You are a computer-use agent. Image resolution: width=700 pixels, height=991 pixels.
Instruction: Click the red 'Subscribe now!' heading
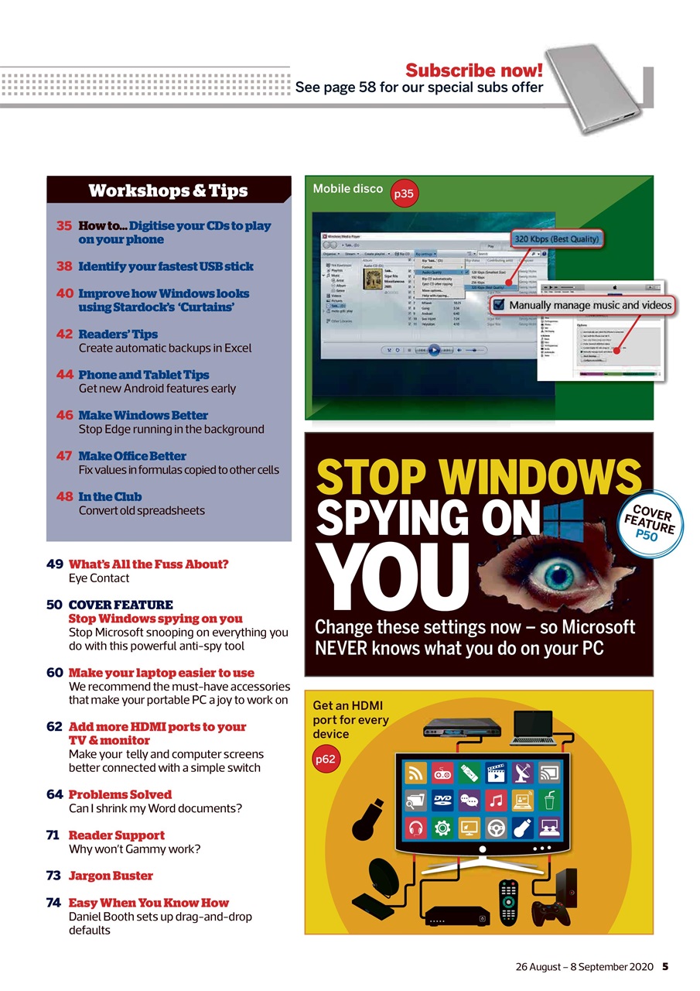pos(474,70)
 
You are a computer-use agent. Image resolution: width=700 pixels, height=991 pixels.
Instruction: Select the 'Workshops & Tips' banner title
pos(168,190)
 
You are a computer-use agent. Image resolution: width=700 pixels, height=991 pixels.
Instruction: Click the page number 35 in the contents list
pos(64,226)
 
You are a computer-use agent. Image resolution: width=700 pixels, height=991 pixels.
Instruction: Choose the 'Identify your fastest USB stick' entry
pos(166,266)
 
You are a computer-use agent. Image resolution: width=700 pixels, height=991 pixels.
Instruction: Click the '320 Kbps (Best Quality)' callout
pos(557,239)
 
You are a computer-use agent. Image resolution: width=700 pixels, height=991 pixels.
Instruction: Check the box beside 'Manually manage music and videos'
pos(499,306)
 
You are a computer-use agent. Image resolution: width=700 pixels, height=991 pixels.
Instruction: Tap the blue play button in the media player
pos(434,350)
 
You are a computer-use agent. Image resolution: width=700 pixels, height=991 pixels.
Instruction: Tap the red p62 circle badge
pos(326,760)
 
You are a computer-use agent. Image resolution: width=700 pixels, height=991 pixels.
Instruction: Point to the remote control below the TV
pos(508,902)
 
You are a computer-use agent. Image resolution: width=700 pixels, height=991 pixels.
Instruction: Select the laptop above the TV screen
pos(532,729)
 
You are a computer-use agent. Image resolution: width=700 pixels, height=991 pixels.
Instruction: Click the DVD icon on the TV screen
pos(441,801)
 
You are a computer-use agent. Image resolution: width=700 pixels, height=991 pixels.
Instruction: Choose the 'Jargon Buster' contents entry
pos(111,876)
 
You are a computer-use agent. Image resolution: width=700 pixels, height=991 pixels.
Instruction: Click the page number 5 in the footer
pos(665,966)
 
